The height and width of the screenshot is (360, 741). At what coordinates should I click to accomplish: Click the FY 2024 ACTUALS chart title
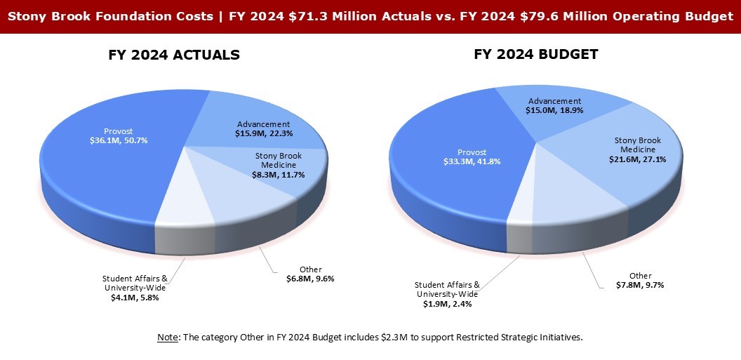(174, 55)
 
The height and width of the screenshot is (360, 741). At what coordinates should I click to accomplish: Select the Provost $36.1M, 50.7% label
(118, 136)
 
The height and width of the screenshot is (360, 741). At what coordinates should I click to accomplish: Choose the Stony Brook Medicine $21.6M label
(637, 149)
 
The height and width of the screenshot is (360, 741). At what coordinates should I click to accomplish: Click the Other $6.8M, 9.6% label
(311, 274)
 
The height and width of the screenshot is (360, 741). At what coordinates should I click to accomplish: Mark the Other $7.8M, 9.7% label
(639, 280)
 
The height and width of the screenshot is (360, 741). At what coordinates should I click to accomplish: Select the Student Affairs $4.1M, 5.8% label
(136, 288)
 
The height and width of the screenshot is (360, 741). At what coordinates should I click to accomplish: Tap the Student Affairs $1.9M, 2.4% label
(447, 294)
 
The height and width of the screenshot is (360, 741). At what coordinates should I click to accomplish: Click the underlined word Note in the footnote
(168, 338)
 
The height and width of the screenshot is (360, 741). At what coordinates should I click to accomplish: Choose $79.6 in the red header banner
(519, 16)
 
